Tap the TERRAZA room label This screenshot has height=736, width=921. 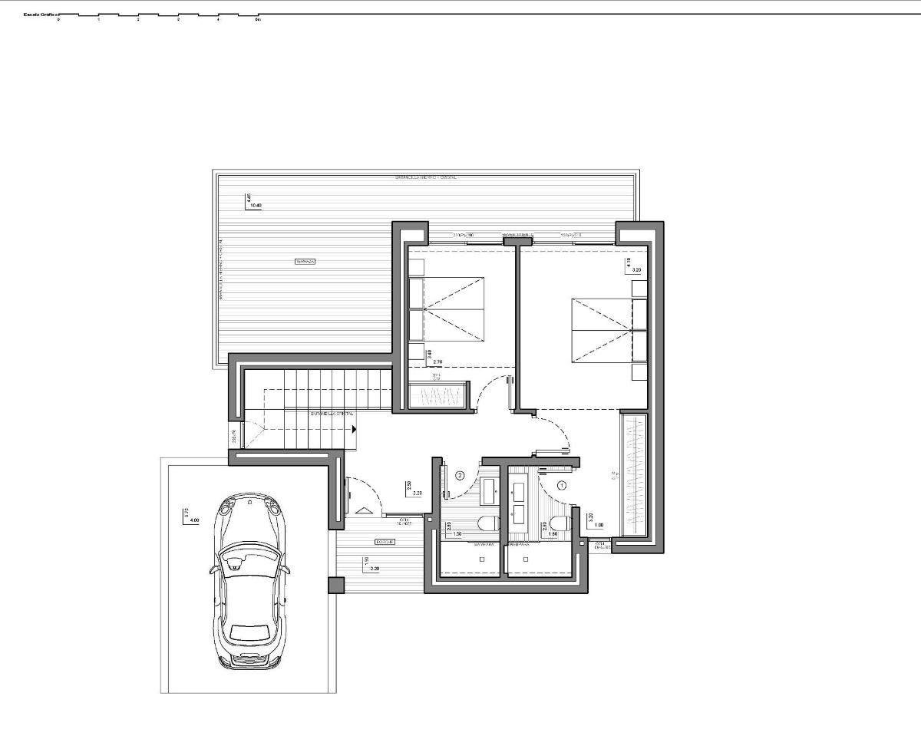coord(305,262)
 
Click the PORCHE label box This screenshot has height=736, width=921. coord(385,542)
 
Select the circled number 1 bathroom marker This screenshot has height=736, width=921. coord(561,485)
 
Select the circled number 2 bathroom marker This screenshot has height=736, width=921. coord(460,475)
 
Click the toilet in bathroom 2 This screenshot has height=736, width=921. coord(487,525)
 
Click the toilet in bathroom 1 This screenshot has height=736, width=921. coord(559,524)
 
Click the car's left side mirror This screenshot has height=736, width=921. coord(213,569)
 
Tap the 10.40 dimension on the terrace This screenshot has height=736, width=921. coord(256,206)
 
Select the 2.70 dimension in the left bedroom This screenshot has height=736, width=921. coord(438,361)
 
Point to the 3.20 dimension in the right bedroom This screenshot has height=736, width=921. coord(636,270)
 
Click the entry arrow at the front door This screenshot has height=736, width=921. coord(364,510)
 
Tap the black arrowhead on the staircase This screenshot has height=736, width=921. coord(355,429)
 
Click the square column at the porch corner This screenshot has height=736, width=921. coord(336,585)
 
